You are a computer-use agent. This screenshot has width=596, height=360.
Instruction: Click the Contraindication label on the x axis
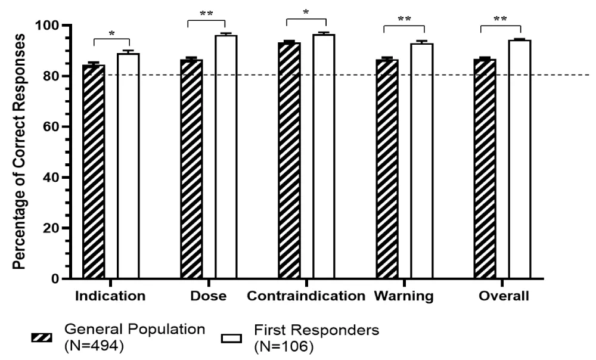tap(306, 296)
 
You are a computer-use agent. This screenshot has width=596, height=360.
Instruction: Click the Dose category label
tap(208, 296)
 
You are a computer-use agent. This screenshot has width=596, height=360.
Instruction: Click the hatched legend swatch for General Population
tap(43, 339)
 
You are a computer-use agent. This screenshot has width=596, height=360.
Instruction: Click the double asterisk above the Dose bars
tap(206, 13)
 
